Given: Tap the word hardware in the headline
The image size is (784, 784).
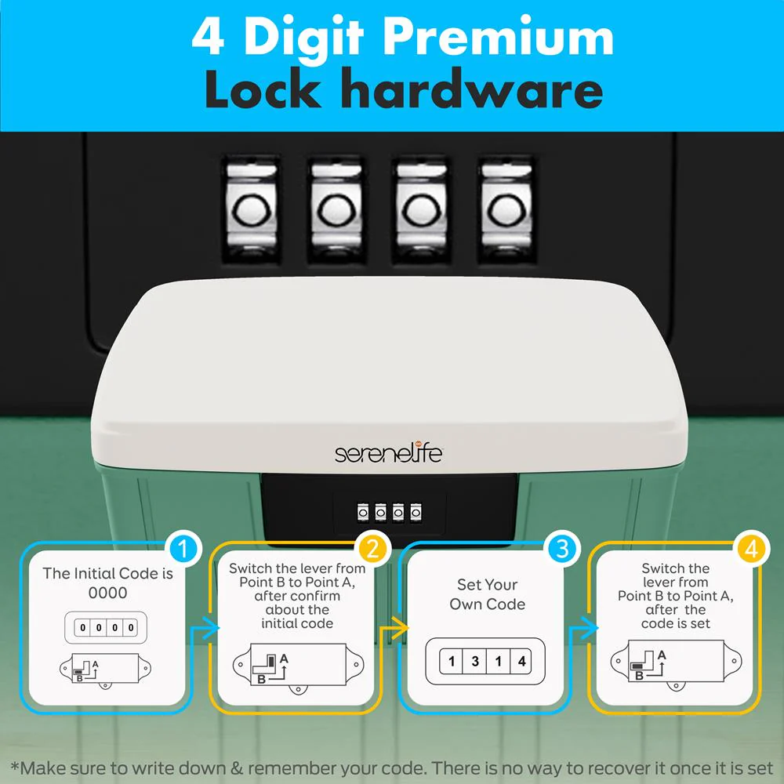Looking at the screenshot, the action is coord(474,89).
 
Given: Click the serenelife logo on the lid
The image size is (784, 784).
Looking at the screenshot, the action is coord(389,453).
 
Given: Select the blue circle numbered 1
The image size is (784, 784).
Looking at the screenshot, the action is coord(183,549).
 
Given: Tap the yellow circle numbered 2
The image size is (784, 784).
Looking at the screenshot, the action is coord(373,549).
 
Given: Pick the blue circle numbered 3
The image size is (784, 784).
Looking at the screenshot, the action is coord(562,549).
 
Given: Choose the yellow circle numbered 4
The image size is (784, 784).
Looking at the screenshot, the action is coord(752,549).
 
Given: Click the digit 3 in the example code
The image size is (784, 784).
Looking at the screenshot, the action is coord(475,661).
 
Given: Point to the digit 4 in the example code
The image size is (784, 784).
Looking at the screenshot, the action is coord(521,661).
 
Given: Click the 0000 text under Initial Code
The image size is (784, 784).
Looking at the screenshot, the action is coord(107,593).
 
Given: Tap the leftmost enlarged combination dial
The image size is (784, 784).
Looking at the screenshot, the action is coord(251,209).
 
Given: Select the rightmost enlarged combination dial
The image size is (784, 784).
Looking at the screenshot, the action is coord(506,209).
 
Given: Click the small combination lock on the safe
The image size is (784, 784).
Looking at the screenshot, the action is coord(389,513).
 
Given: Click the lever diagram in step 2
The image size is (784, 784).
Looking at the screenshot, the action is coord(298,667).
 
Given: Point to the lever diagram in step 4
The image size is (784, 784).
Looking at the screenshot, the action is coord(676,664).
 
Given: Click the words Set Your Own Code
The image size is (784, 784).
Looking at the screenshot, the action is coord(487,594).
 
